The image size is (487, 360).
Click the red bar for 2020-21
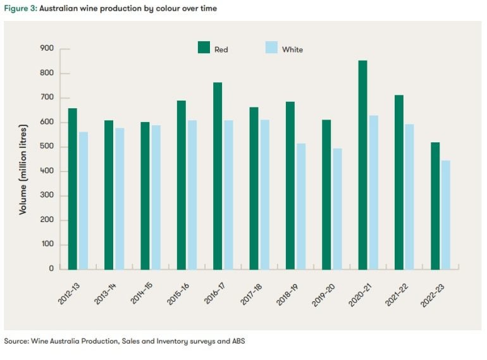click(x=362, y=164)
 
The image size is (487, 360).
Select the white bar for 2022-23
click(x=445, y=214)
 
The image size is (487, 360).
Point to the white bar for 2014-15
click(x=156, y=197)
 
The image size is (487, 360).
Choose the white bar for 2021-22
click(x=409, y=196)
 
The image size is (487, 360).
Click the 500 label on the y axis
click(x=48, y=147)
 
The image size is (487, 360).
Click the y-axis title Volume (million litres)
click(x=23, y=159)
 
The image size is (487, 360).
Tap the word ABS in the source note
click(x=237, y=341)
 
